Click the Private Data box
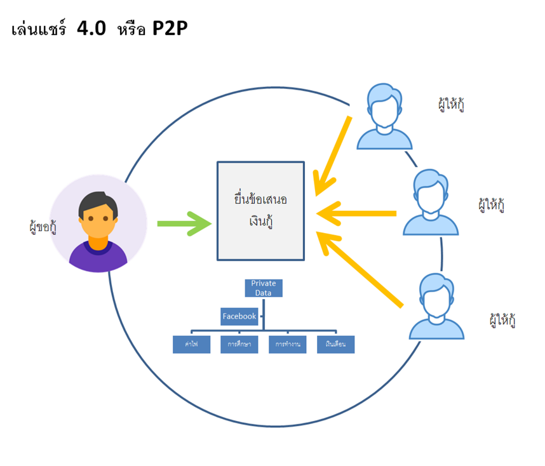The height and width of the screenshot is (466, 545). pyautogui.click(x=264, y=288)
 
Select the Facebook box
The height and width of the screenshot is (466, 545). pyautogui.click(x=239, y=316)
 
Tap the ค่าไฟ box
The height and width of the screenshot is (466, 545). pyautogui.click(x=191, y=344)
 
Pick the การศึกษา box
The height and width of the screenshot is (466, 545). pyautogui.click(x=239, y=344)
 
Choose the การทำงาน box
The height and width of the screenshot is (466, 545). pyautogui.click(x=287, y=344)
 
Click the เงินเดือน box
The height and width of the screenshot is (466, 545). pyautogui.click(x=335, y=344)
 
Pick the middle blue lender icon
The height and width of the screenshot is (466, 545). pyautogui.click(x=431, y=203)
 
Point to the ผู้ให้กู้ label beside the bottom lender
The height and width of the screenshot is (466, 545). pyautogui.click(x=502, y=319)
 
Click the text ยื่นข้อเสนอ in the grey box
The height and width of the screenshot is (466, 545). pyautogui.click(x=260, y=200)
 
